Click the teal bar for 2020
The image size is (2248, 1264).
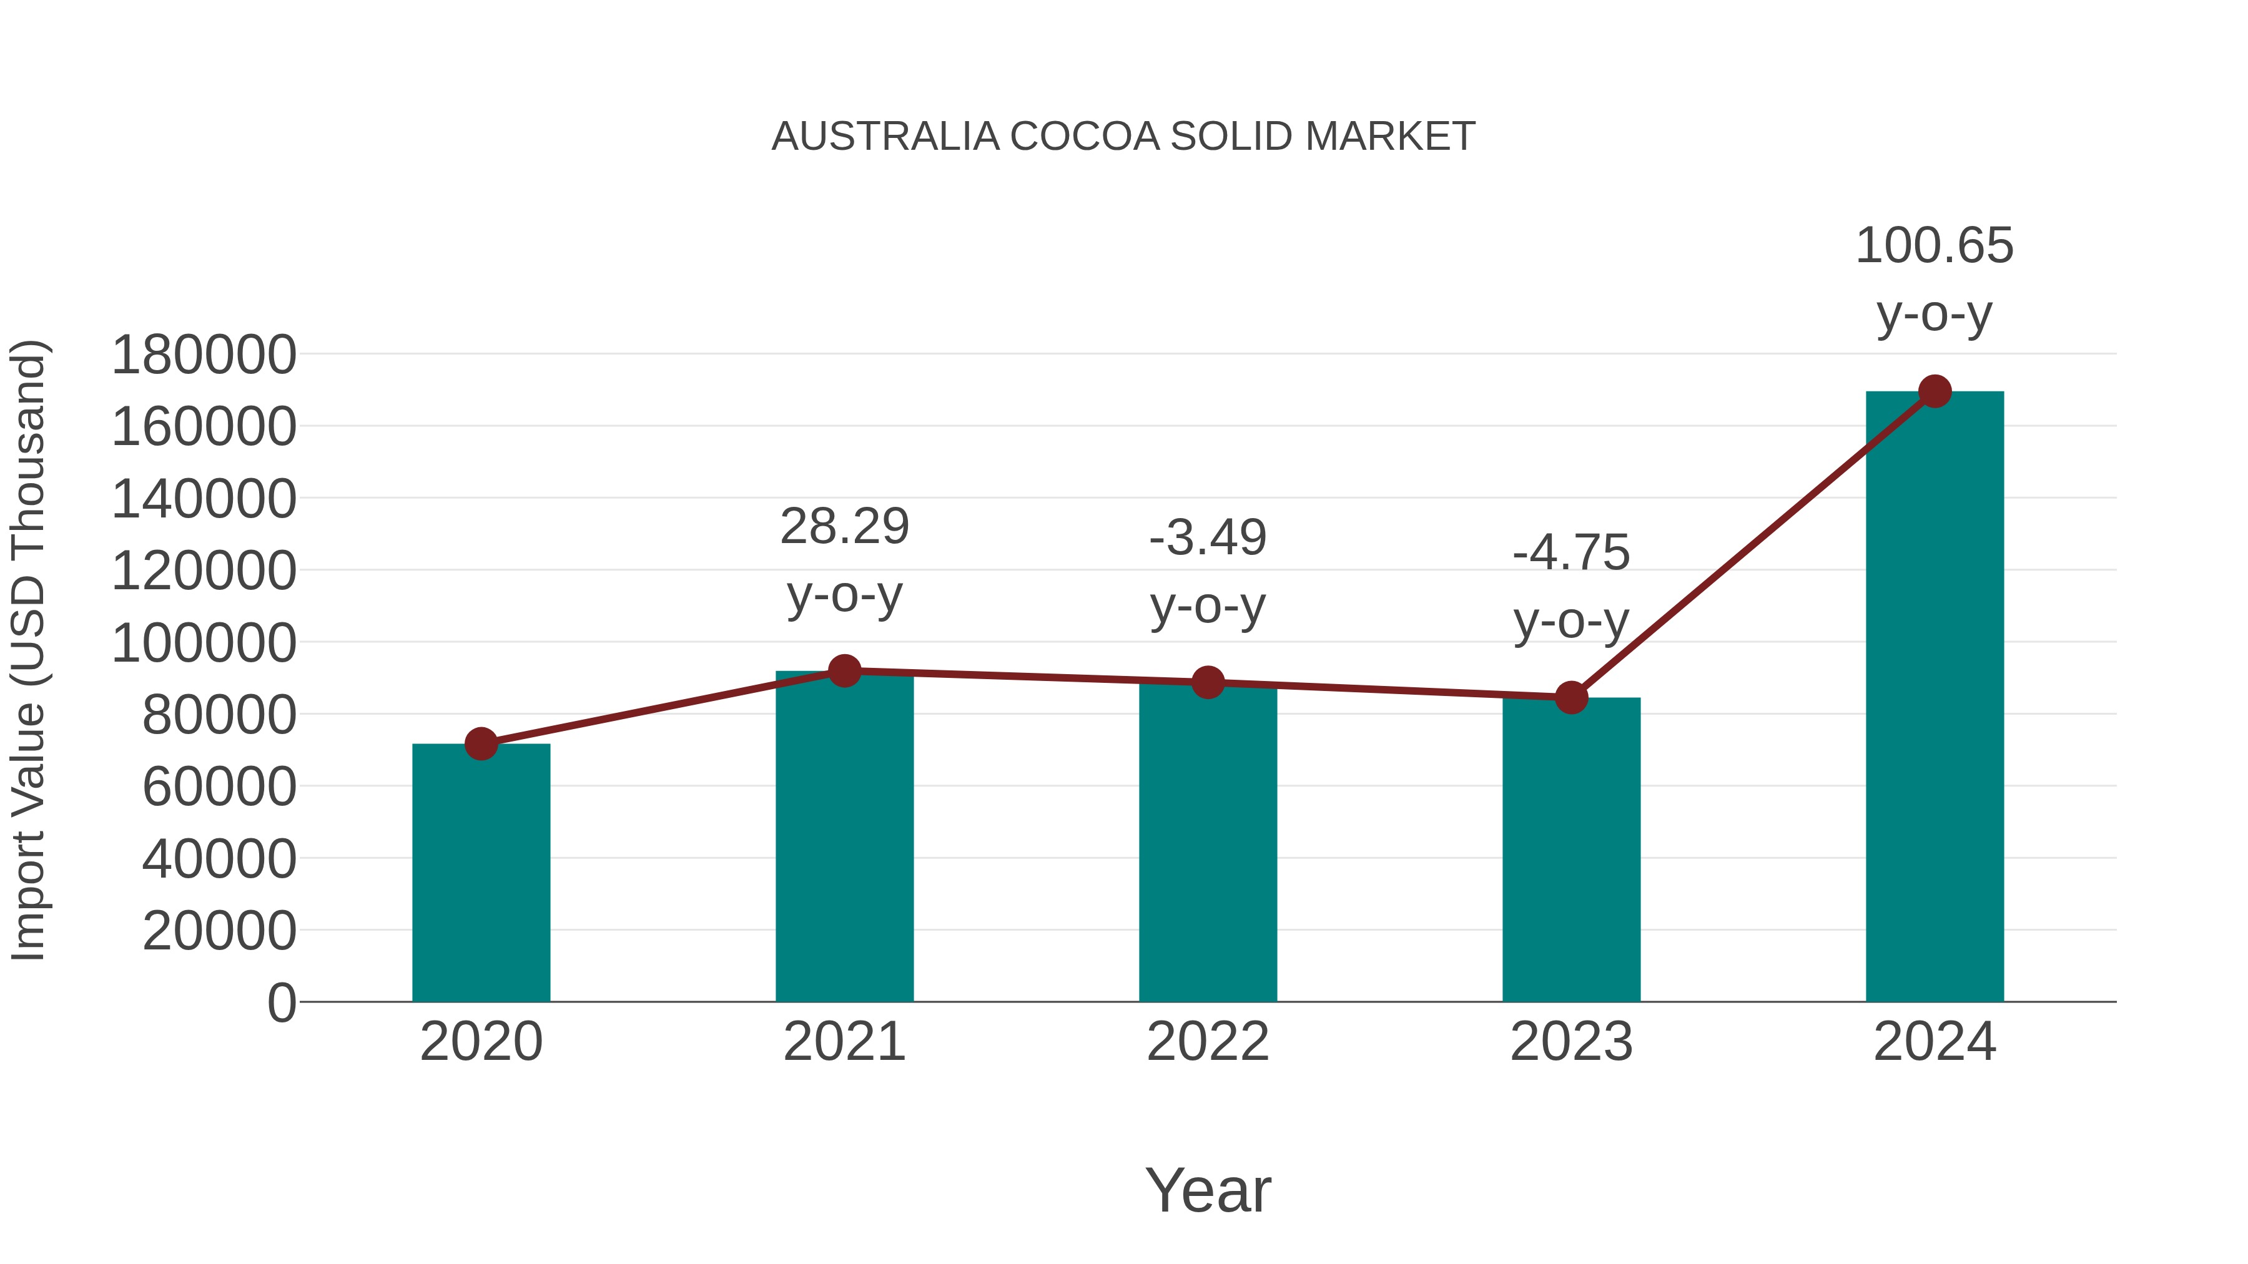481,873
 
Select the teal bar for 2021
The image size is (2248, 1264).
844,838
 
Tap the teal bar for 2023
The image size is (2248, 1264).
1571,851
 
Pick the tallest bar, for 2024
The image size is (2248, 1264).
1934,698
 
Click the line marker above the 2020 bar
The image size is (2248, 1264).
481,744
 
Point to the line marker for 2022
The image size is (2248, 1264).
1208,682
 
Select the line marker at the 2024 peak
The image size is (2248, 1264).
1935,391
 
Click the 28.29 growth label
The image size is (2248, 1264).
844,527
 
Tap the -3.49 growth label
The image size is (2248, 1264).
1208,537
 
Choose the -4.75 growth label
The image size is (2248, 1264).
1571,553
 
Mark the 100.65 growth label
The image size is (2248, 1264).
1934,246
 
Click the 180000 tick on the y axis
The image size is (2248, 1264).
204,356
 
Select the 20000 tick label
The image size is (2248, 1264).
219,932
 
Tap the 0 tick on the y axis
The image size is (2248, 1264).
281,1003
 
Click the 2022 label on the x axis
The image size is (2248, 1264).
1208,1042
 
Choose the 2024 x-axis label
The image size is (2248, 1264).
1934,1042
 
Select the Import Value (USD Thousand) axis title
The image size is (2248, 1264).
28,650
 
